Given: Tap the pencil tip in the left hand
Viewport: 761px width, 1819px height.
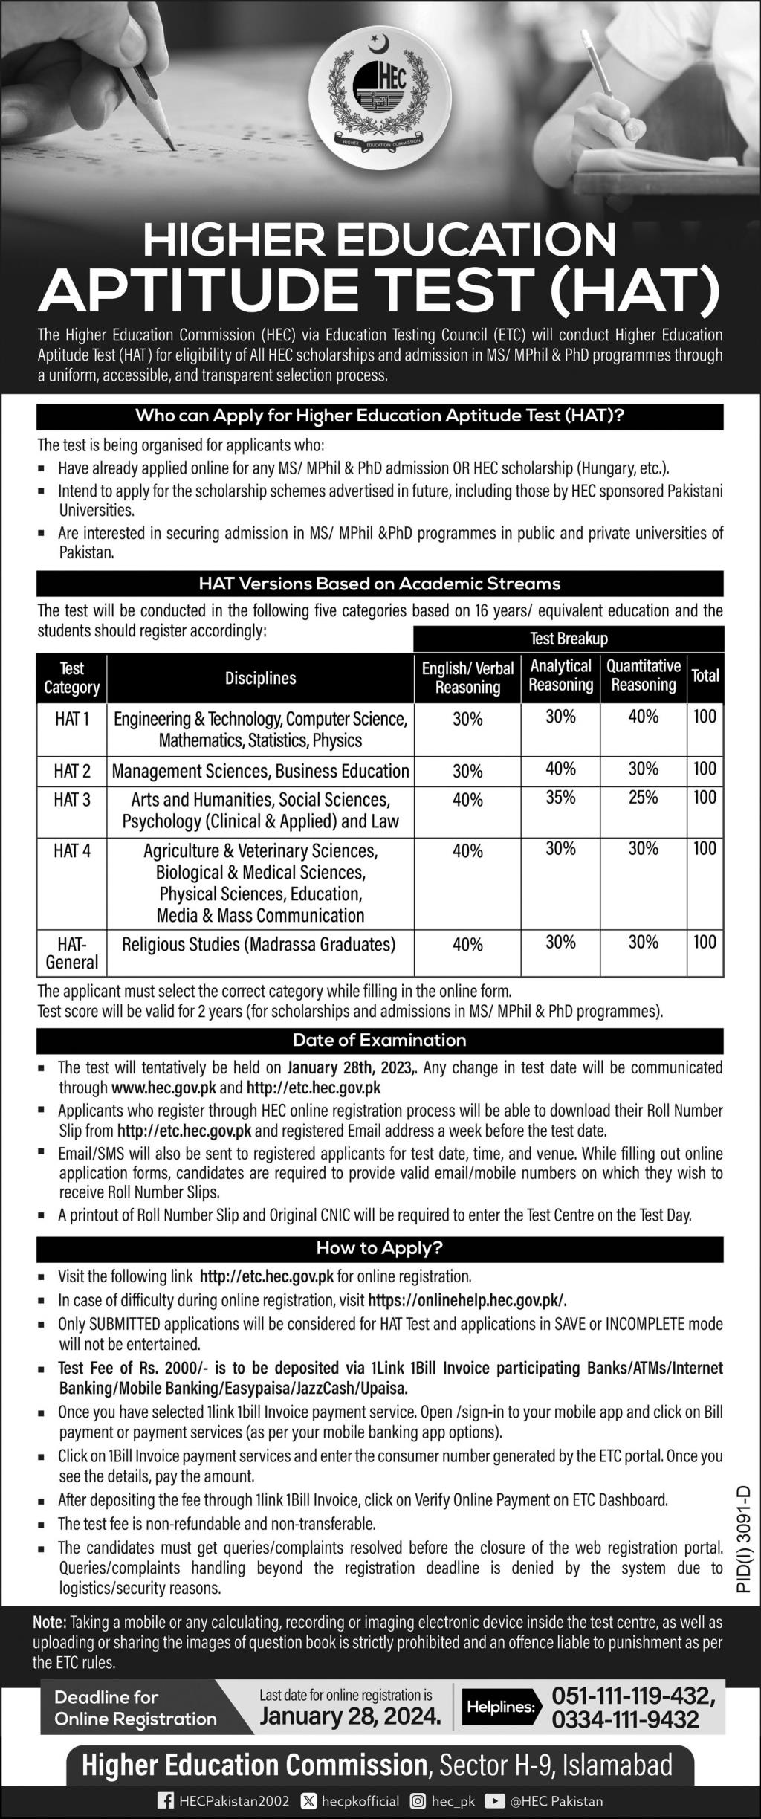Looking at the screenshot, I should tap(172, 146).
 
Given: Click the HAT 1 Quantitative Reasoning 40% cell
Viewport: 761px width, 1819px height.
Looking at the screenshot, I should tap(643, 717).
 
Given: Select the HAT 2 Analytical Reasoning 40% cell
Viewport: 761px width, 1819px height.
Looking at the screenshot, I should tap(560, 769).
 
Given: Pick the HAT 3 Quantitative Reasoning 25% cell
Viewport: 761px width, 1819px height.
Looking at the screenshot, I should tap(643, 798).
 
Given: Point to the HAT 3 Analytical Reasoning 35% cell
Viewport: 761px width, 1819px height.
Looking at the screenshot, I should tap(560, 798).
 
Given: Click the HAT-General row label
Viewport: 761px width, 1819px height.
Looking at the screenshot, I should tap(71, 953).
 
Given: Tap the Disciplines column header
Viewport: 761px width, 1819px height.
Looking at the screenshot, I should tap(260, 678).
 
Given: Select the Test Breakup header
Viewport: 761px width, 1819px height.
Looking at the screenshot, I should tap(569, 639).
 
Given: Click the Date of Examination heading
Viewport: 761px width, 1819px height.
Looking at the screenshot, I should tap(380, 1040).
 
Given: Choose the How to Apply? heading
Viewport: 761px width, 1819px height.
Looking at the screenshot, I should tap(380, 1248).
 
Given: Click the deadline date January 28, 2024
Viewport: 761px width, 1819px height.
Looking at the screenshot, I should tap(350, 1716).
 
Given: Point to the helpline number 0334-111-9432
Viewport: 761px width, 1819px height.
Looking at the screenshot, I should tap(625, 1719).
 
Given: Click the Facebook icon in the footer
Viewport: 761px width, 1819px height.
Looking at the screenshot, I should tap(165, 1801).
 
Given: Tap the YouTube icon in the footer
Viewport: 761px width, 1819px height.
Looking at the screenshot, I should tap(493, 1801).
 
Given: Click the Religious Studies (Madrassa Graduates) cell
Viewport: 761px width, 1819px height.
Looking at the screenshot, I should tap(259, 945).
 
